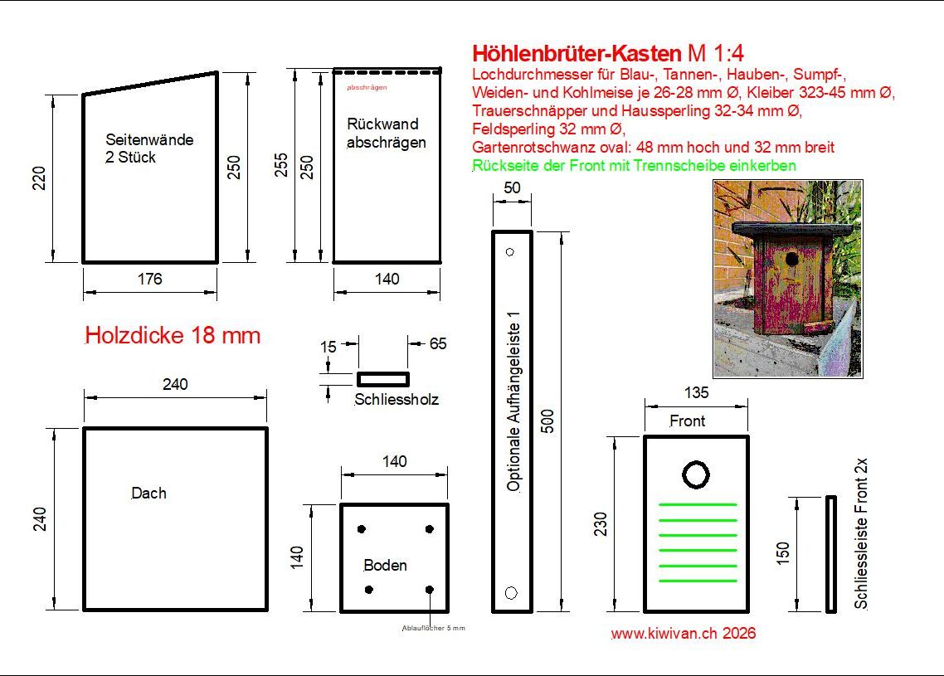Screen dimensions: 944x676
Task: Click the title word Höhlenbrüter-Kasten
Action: pyautogui.click(x=577, y=54)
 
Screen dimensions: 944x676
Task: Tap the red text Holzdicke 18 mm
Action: pyautogui.click(x=173, y=335)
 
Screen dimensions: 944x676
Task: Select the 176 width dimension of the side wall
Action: pyautogui.click(x=150, y=279)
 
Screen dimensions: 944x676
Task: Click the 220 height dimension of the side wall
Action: pyautogui.click(x=38, y=178)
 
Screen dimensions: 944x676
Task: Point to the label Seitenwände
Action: pyautogui.click(x=149, y=139)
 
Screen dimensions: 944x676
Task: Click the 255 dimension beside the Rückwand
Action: pyautogui.click(x=281, y=166)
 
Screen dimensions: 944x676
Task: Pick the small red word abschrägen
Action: pyautogui.click(x=367, y=87)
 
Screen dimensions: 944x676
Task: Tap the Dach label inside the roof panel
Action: pyautogui.click(x=148, y=493)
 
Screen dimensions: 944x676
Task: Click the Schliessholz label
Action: pyautogui.click(x=397, y=399)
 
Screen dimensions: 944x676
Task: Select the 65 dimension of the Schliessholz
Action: pyautogui.click(x=438, y=343)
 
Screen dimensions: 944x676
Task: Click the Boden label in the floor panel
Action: pyautogui.click(x=385, y=565)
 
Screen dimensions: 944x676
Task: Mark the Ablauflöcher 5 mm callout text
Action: pyautogui.click(x=434, y=629)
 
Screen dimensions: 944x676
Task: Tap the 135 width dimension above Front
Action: pyautogui.click(x=696, y=392)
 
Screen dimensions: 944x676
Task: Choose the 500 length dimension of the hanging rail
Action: pyautogui.click(x=547, y=421)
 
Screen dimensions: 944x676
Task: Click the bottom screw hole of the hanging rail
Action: pyautogui.click(x=511, y=593)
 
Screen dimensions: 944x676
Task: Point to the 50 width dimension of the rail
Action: pyautogui.click(x=512, y=187)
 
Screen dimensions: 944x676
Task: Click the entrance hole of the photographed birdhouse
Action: pyautogui.click(x=791, y=260)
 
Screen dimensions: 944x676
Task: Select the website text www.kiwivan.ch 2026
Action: pyautogui.click(x=684, y=633)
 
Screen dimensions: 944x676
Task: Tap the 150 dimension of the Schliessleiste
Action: pyautogui.click(x=782, y=553)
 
